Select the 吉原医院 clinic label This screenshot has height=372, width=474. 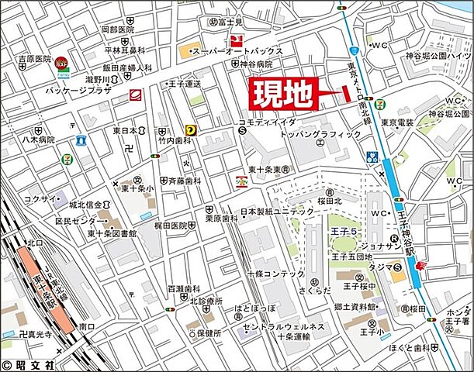(x=32, y=59)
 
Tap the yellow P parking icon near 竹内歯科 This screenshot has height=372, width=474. (x=189, y=132)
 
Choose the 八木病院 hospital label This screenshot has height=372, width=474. (x=38, y=140)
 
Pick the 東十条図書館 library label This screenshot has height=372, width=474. (x=112, y=233)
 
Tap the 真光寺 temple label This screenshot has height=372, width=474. (x=36, y=335)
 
